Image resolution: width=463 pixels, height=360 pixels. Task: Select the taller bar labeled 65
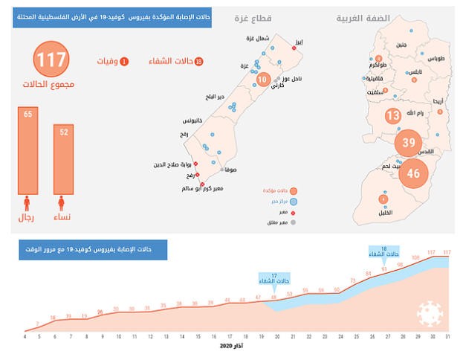point(28,149)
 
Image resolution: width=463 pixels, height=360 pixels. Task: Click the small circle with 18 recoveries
point(198,62)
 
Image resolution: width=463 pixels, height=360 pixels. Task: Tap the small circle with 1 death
point(124,62)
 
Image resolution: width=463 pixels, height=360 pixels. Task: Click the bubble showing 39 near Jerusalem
point(409,143)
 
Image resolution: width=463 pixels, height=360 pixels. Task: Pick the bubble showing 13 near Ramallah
point(394,115)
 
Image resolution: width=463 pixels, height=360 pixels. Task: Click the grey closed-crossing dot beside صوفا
point(222,170)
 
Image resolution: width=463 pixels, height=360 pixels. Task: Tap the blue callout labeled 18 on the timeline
point(383,251)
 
